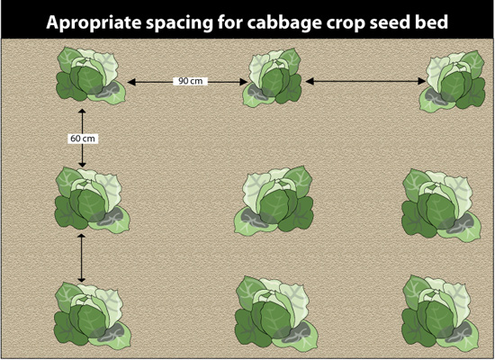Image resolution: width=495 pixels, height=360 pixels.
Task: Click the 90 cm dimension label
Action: [191, 81]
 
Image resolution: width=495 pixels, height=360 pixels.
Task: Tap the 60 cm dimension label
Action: [83, 139]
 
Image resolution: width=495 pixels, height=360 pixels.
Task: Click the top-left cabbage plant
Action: [91, 76]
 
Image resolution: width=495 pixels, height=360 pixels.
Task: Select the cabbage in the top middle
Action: [273, 77]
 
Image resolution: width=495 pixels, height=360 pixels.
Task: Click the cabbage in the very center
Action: [274, 200]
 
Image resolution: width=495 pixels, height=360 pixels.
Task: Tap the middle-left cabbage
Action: [92, 200]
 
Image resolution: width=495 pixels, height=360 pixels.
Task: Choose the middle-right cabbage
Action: [441, 205]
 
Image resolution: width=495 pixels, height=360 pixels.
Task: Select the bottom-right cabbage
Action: [441, 312]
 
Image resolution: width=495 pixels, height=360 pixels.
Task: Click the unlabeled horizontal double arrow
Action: [365, 81]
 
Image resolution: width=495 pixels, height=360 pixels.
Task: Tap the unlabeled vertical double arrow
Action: [82, 258]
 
